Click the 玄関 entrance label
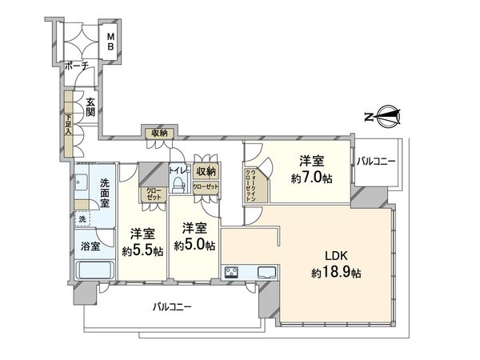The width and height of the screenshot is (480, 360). [x=91, y=107]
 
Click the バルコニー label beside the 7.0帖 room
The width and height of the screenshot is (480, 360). [x=377, y=162]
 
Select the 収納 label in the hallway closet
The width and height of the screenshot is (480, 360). [x=157, y=133]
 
